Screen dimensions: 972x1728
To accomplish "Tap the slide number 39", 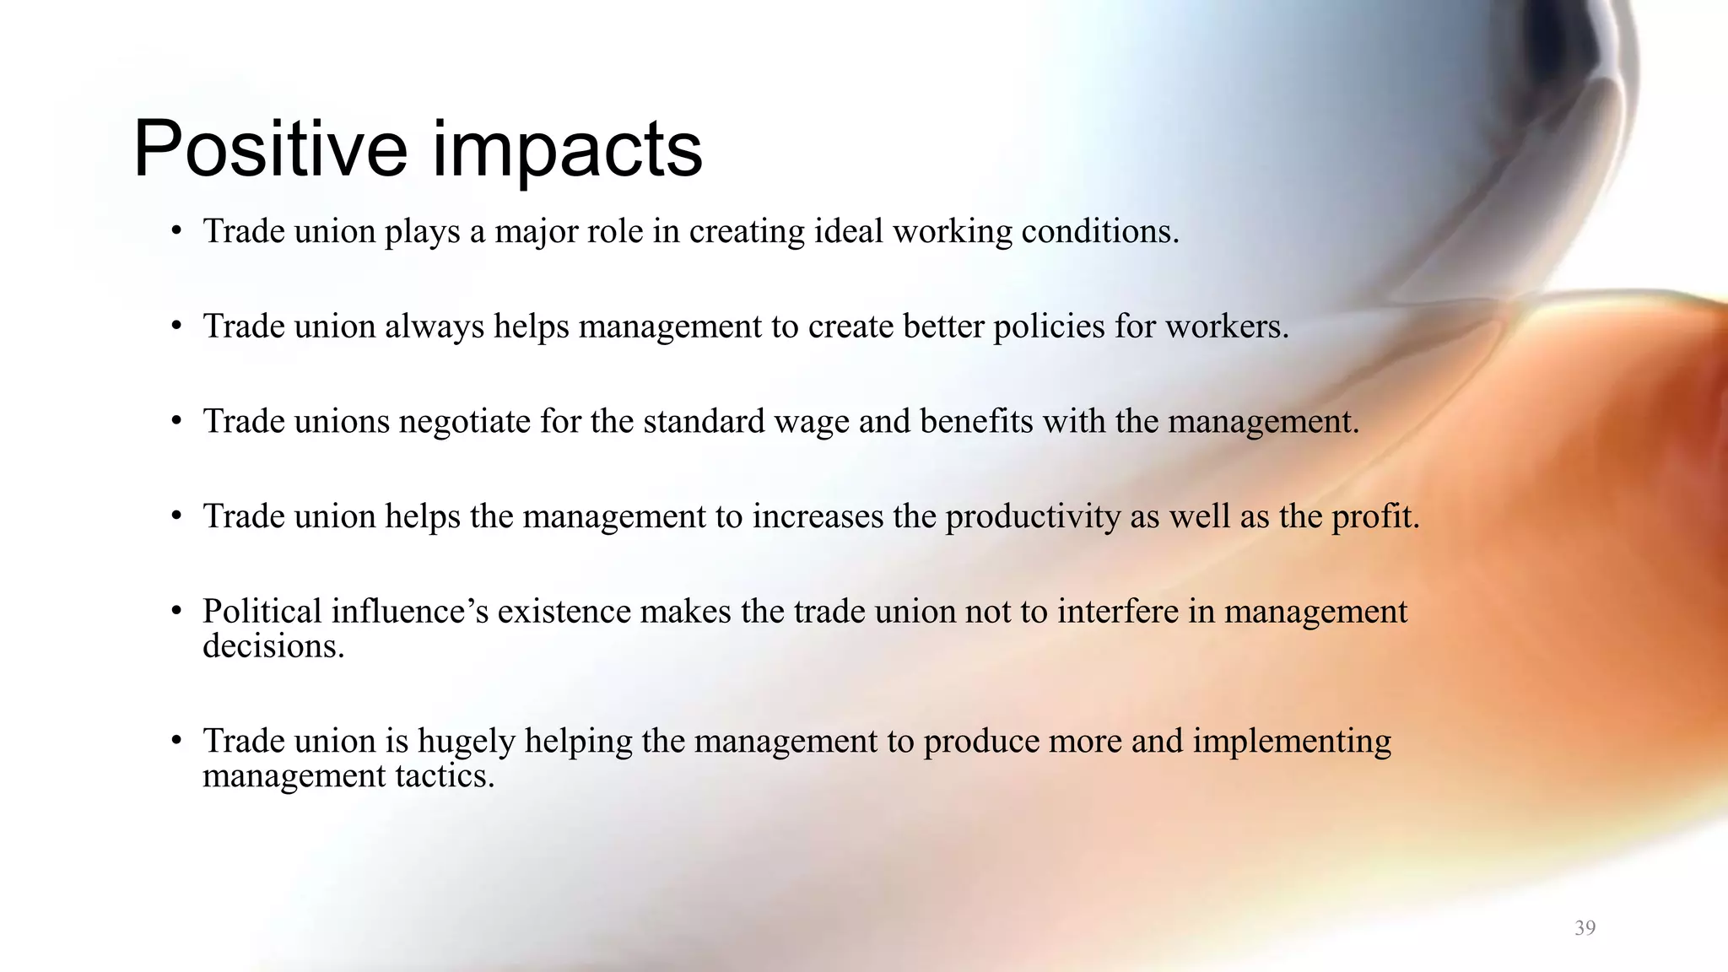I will click(x=1585, y=928).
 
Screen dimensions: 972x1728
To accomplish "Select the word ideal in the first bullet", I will click(x=850, y=231).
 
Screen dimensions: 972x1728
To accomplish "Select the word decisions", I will click(x=273, y=646).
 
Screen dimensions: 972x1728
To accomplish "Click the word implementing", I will click(x=1291, y=742).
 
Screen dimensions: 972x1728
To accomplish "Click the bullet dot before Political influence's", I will click(x=175, y=611).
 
